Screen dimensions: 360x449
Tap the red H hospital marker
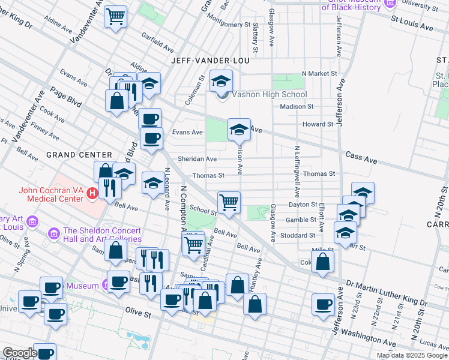point(92,193)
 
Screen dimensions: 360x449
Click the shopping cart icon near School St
point(229,203)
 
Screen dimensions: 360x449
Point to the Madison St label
point(297,107)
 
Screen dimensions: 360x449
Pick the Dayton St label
point(303,205)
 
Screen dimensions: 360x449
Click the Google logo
point(20,353)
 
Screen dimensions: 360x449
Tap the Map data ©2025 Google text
point(411,355)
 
